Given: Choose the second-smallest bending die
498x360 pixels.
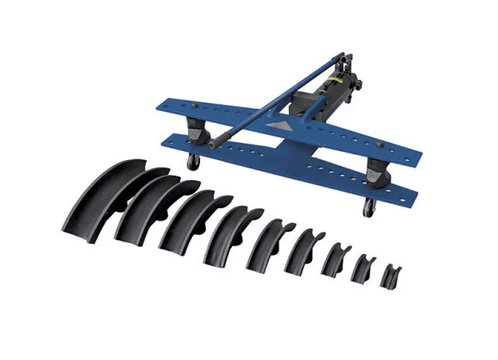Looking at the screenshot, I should click(x=364, y=267).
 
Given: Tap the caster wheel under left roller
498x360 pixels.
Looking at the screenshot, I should click(x=193, y=162).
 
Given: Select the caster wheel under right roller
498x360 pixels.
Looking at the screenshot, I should click(x=366, y=207).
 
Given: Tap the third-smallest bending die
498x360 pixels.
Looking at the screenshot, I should click(x=335, y=260).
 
